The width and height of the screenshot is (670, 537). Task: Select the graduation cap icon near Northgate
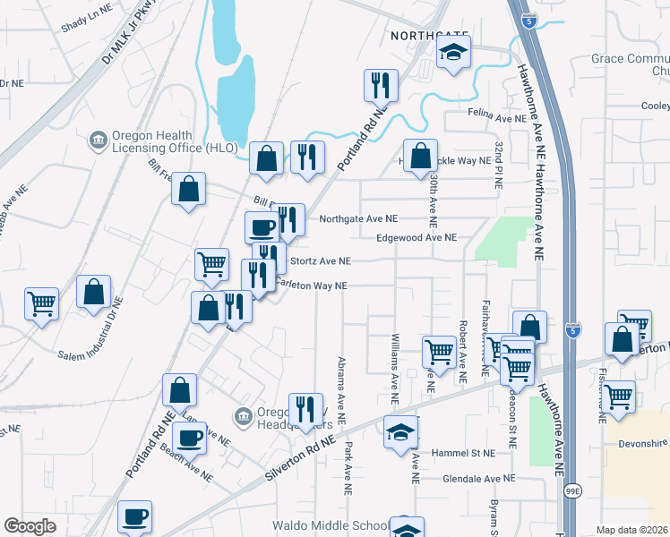pyautogui.click(x=453, y=54)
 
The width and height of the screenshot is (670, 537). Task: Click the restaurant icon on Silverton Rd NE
pyautogui.click(x=305, y=410)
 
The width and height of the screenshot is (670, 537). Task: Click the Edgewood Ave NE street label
pyautogui.click(x=417, y=237)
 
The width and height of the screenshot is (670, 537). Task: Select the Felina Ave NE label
pyautogui.click(x=498, y=117)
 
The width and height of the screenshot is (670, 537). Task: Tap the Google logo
pyautogui.click(x=30, y=525)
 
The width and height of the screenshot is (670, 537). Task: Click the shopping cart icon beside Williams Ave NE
pyautogui.click(x=438, y=351)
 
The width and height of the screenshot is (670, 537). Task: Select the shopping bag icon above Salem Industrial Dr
pyautogui.click(x=93, y=294)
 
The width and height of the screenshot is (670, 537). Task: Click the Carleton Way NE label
pyautogui.click(x=311, y=286)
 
